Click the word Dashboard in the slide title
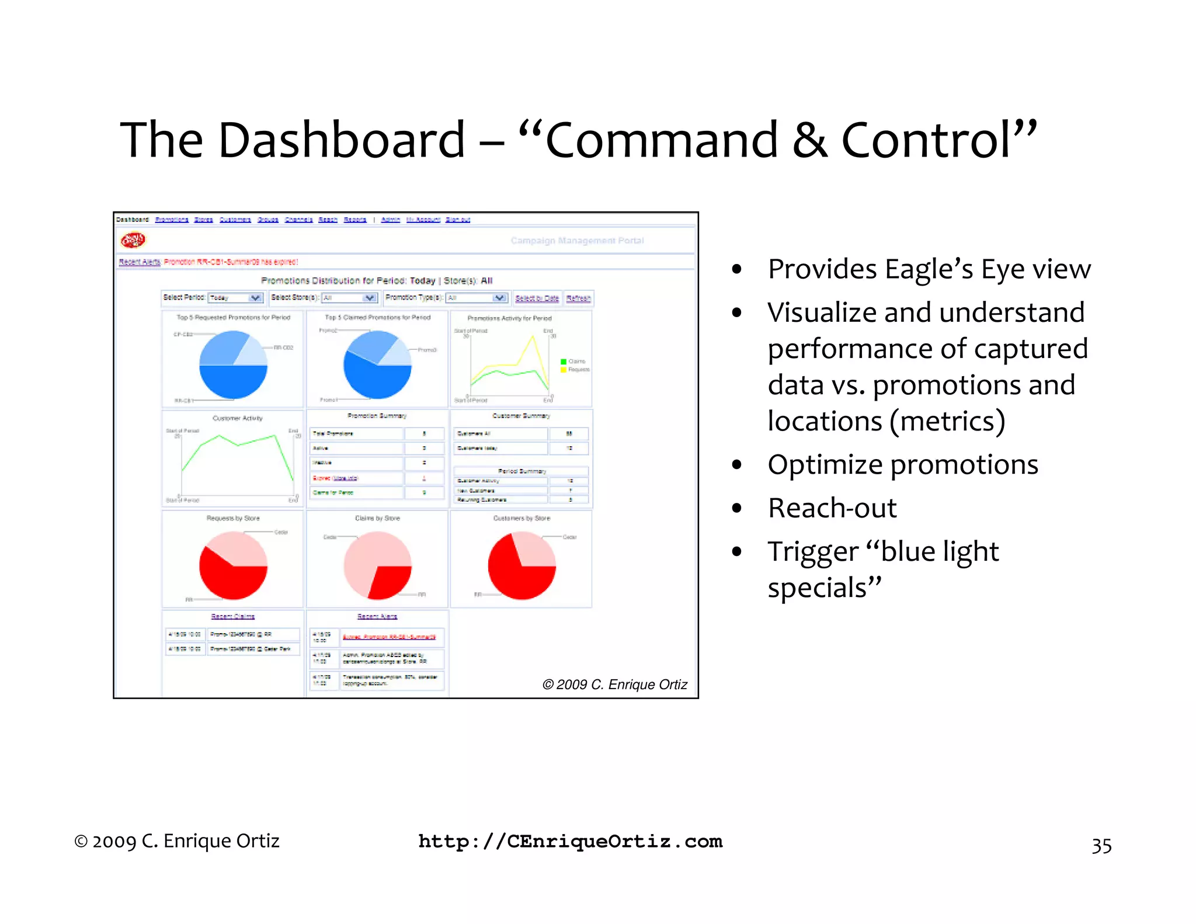coord(341,140)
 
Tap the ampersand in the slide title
coord(809,140)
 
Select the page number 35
coord(1101,846)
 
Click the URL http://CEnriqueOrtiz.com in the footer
coord(570,841)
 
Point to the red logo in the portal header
coord(133,240)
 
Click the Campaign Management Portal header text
coord(577,241)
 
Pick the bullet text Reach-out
coord(832,508)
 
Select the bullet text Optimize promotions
coord(903,464)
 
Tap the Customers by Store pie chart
coord(521,565)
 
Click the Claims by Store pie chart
coord(377,565)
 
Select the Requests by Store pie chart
coord(233,565)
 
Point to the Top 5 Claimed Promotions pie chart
coord(377,364)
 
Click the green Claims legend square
coord(564,362)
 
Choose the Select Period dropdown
coord(236,298)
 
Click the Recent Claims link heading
coord(232,616)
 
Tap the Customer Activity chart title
coord(237,418)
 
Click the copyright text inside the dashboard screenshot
coord(614,685)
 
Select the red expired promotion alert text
coord(231,262)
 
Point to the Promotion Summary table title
coord(377,416)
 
